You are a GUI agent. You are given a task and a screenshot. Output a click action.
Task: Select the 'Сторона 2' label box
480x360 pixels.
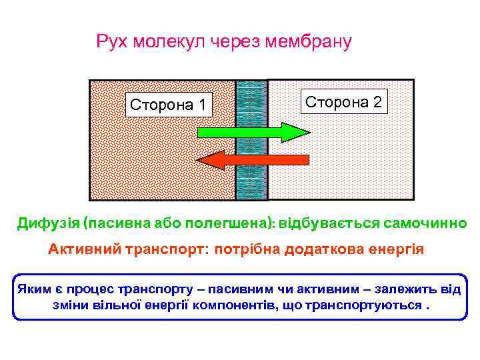[345, 102]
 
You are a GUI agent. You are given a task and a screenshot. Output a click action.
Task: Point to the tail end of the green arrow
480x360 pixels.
[201, 132]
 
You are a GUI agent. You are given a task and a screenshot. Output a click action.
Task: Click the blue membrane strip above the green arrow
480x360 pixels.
[251, 100]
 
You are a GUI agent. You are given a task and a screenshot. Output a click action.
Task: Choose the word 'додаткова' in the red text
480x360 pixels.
[323, 249]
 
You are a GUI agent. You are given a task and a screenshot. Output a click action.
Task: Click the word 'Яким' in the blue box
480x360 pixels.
[32, 289]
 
